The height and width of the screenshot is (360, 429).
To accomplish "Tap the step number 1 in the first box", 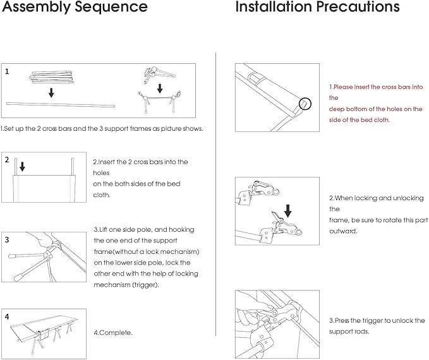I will pyautogui.click(x=7, y=71).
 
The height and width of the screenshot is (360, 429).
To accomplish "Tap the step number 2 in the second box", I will pyautogui.click(x=7, y=160).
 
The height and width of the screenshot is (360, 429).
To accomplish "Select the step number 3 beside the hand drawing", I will pyautogui.click(x=7, y=239).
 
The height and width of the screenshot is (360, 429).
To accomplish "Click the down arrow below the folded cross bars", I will pyautogui.click(x=51, y=92).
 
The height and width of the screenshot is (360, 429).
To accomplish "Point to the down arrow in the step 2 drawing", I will pyautogui.click(x=23, y=167).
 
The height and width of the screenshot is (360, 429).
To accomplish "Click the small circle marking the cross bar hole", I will pyautogui.click(x=305, y=103).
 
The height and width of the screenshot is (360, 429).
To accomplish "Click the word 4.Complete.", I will pyautogui.click(x=113, y=332).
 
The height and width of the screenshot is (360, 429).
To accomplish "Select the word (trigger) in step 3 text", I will pyautogui.click(x=145, y=285).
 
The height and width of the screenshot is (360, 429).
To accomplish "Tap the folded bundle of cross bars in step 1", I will pyautogui.click(x=52, y=78).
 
